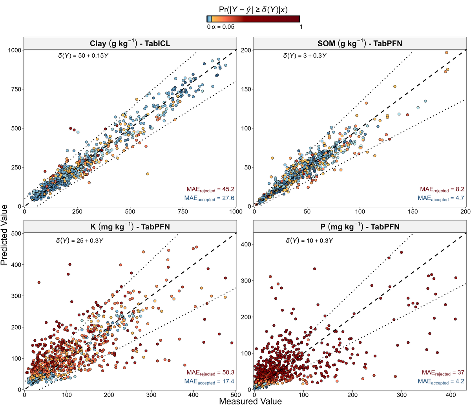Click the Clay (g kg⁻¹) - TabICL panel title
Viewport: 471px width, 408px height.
[x=130, y=43]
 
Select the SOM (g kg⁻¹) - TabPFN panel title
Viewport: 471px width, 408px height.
[x=360, y=43]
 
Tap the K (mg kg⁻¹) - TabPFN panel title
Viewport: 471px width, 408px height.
[x=130, y=227]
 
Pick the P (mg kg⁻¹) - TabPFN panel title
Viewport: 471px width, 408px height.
[x=360, y=227]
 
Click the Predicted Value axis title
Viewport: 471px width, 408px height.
[x=4, y=235]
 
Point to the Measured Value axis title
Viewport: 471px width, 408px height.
[x=250, y=401]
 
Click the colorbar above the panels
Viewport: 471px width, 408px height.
[x=253, y=19]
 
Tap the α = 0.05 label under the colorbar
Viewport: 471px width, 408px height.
[x=223, y=27]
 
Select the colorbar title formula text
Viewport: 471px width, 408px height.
[x=253, y=9]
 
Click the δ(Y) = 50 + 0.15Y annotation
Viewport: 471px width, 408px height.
[x=83, y=56]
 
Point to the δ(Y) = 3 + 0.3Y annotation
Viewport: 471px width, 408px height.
[x=305, y=56]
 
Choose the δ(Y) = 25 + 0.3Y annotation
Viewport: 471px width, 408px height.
[x=80, y=240]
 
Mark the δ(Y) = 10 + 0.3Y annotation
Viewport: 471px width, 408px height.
[x=309, y=240]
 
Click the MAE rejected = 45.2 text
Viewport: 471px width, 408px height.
[x=210, y=189]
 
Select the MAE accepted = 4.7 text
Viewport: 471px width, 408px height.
[x=441, y=198]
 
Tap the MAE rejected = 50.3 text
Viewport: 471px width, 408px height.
[x=210, y=372]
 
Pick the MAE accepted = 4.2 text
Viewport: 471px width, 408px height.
[x=441, y=381]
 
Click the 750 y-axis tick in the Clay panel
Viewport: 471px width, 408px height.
[x=16, y=89]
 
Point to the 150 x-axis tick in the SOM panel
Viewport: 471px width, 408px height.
[x=413, y=211]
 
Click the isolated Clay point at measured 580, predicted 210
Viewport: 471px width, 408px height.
[x=148, y=174]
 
